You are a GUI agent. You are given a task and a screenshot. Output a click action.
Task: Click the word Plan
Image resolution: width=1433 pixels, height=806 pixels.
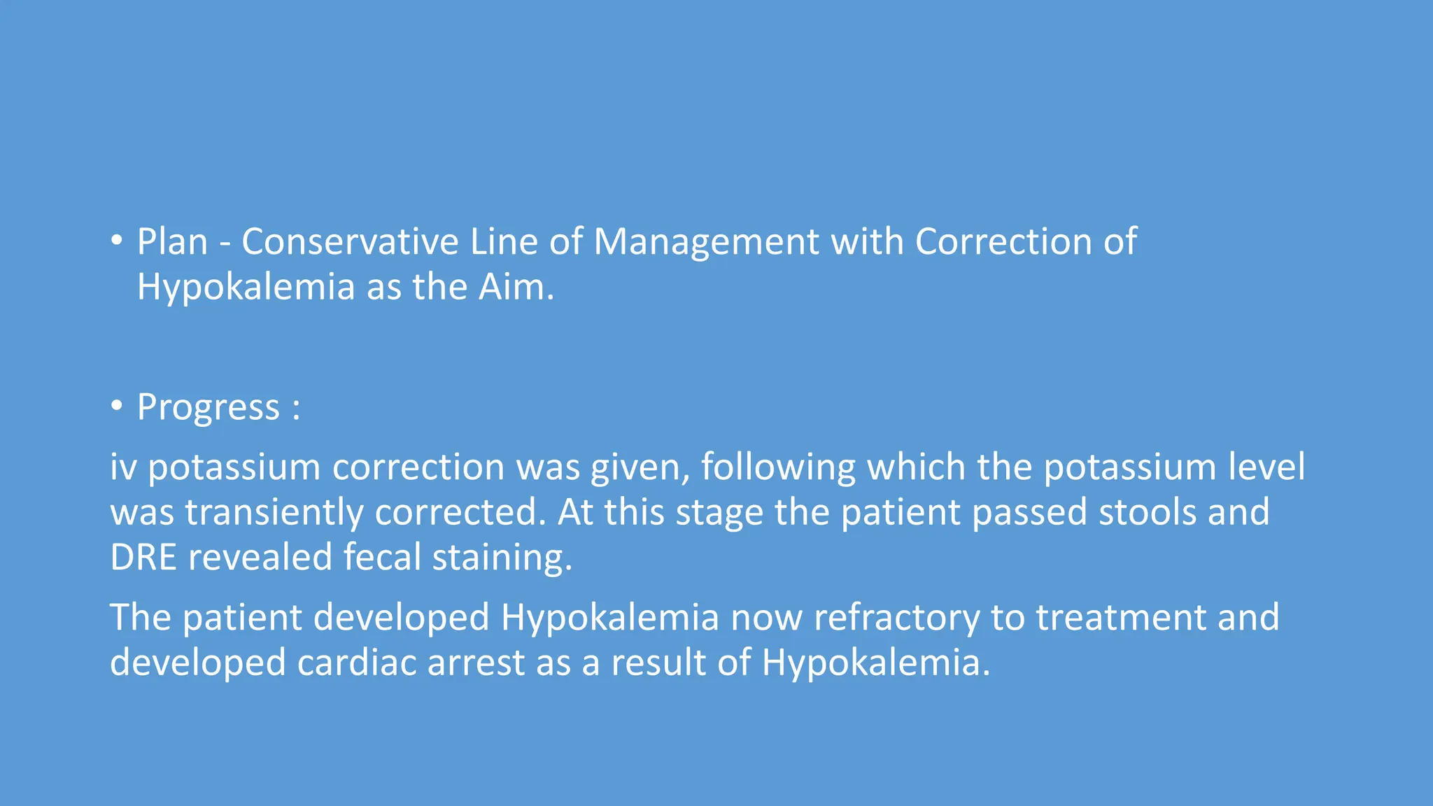point(172,242)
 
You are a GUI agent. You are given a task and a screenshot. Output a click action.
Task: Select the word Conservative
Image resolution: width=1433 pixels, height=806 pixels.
point(350,242)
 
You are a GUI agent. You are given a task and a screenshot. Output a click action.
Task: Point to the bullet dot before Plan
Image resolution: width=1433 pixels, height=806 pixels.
point(117,241)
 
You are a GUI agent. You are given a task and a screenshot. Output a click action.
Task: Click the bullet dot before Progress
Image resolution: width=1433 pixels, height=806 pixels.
point(117,406)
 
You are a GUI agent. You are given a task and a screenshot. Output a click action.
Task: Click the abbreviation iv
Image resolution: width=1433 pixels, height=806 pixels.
point(123,467)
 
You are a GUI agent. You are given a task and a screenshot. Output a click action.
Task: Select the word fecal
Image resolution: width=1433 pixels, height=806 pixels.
point(382,558)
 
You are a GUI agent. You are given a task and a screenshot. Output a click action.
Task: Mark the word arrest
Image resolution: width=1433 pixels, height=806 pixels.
point(476,663)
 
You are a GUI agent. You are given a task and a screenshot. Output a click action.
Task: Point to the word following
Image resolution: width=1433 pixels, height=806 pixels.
point(777,468)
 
